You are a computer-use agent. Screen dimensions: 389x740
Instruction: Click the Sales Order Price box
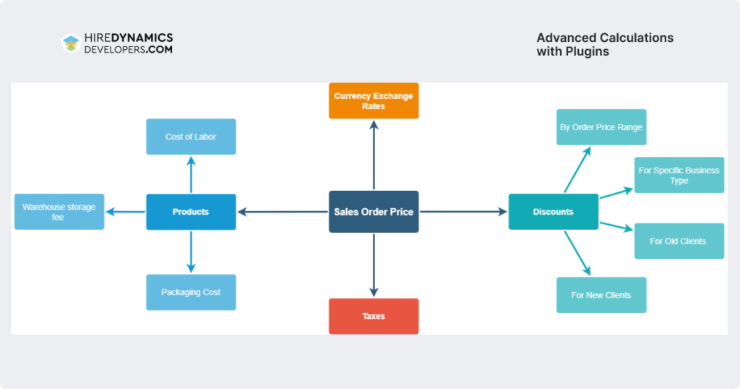(x=374, y=212)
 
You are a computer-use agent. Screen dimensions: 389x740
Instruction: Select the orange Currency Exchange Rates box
(x=374, y=101)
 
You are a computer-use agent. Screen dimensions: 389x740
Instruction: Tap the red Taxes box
(x=374, y=316)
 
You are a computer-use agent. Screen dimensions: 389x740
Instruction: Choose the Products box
(x=191, y=212)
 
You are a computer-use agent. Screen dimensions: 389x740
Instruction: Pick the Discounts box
(x=553, y=212)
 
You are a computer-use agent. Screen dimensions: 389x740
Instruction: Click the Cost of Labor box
(x=191, y=137)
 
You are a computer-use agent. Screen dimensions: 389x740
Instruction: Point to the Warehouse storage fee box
(x=59, y=212)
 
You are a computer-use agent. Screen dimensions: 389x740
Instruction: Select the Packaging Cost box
(x=191, y=292)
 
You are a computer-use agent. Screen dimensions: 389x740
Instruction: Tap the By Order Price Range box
(x=601, y=127)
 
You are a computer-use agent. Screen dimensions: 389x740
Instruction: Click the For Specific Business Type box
(x=679, y=175)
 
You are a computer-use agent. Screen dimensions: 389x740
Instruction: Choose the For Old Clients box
(x=679, y=241)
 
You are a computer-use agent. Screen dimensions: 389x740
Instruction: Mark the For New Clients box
(x=601, y=295)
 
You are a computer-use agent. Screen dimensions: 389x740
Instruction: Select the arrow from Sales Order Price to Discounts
(x=463, y=212)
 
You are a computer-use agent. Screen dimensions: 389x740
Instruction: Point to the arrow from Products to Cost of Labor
(x=191, y=174)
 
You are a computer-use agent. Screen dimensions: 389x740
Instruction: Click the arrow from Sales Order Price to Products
(x=283, y=212)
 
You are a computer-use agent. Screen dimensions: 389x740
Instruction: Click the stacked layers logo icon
(x=70, y=43)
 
